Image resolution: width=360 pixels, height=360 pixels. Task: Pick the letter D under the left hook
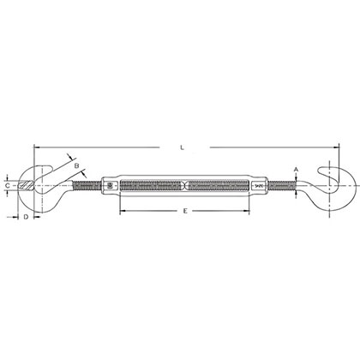26,219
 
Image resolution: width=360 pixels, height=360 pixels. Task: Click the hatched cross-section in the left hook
34,184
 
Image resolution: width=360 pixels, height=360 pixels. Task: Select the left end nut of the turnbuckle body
109,184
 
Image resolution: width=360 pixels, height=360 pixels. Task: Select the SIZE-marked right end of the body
255,184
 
